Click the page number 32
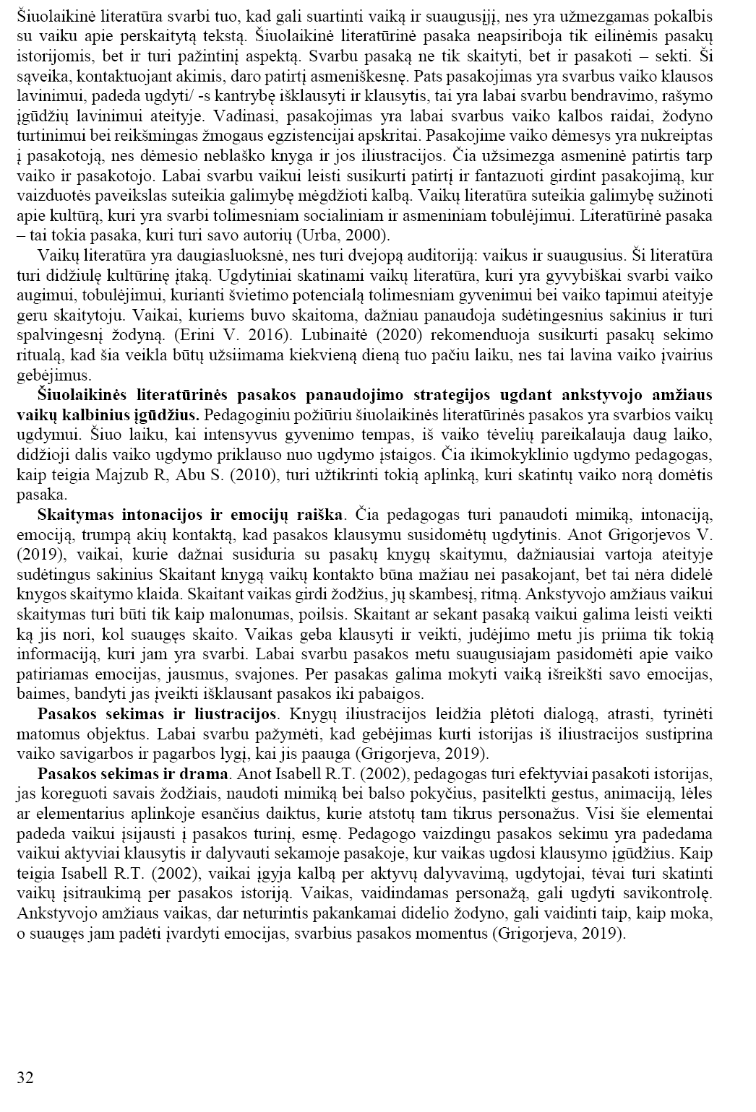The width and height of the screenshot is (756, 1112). coord(25,1078)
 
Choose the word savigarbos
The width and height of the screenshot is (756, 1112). coord(119,754)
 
